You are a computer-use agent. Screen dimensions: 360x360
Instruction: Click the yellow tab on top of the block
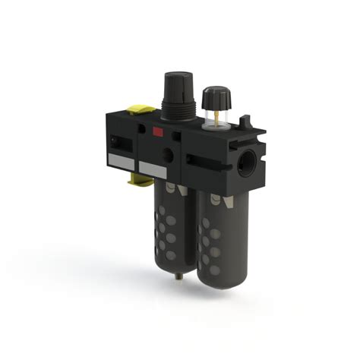click(137, 109)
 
